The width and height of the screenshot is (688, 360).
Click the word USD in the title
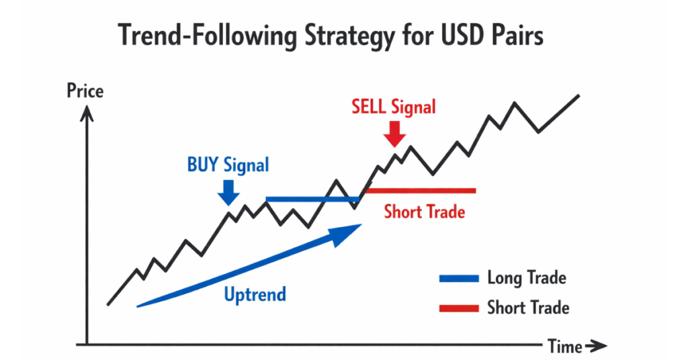point(463,36)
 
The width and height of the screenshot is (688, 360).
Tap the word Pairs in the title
point(517,36)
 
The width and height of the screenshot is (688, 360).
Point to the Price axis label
point(85,90)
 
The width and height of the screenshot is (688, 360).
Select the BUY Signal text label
point(229,165)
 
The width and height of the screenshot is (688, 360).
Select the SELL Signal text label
point(394,107)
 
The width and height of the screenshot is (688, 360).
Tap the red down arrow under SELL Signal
point(395,133)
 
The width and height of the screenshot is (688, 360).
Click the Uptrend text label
point(255,294)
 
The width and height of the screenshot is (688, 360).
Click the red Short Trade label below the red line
point(425,212)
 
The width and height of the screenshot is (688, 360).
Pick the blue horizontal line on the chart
point(312,199)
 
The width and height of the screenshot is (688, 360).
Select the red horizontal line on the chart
point(419,191)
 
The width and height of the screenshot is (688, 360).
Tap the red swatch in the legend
point(459,308)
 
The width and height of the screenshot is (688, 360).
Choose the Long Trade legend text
point(527,277)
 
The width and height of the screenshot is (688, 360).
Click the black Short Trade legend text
point(528,308)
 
